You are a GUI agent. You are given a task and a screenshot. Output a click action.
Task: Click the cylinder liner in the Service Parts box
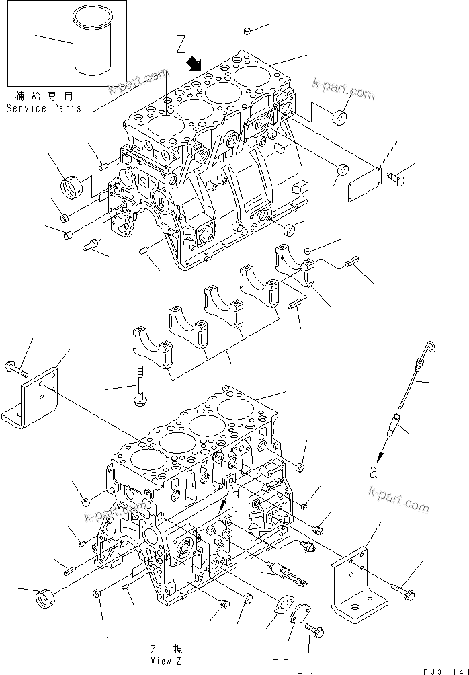92,48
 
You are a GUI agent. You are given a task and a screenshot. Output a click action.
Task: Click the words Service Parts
44,108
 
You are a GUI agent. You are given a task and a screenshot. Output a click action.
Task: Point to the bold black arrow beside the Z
195,64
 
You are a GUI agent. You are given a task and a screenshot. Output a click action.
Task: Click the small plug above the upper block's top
248,31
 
